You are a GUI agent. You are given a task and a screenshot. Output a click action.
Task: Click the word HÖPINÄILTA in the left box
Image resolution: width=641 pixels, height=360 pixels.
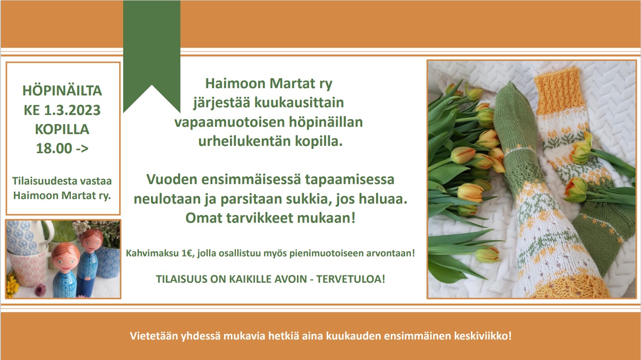[62, 91]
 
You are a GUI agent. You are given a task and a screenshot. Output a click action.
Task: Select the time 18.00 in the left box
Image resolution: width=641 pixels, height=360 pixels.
[54, 148]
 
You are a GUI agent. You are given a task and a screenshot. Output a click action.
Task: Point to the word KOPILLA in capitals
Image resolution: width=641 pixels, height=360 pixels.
[62, 130]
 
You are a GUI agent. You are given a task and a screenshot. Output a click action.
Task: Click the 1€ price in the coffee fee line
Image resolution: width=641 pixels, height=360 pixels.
[186, 253]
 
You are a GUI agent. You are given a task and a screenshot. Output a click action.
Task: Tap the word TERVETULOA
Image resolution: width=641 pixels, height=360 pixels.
[351, 279]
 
